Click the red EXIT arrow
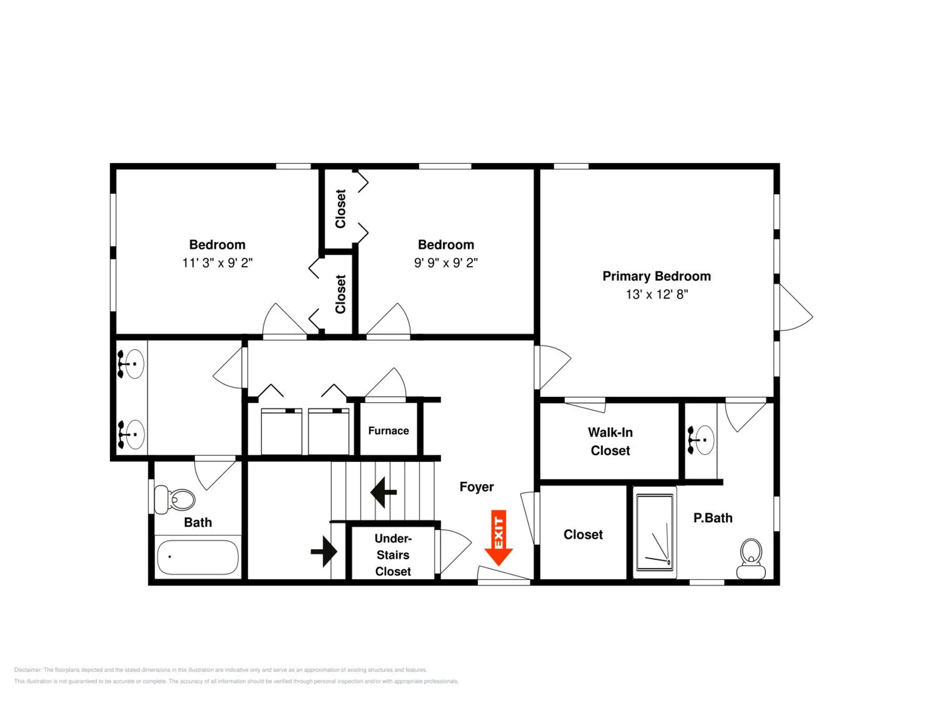(498, 537)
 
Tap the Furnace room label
(389, 431)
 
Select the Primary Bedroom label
(657, 276)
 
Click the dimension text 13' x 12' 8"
(657, 294)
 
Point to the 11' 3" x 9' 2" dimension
(217, 263)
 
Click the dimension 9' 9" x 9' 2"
(446, 263)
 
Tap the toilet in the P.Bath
(751, 559)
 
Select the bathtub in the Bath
(198, 557)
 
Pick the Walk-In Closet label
(610, 441)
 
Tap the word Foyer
(477, 486)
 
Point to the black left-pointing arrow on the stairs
(383, 492)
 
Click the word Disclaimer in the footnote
(27, 670)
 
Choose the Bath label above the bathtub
(198, 522)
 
